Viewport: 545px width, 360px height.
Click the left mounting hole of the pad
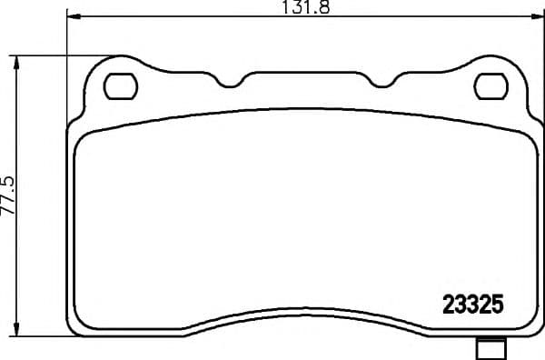click(120, 86)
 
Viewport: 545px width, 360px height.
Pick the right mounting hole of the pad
click(490, 86)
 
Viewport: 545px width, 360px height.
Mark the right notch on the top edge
click(382, 84)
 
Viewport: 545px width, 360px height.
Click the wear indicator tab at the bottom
click(490, 348)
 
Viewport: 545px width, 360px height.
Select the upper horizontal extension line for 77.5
click(54, 55)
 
